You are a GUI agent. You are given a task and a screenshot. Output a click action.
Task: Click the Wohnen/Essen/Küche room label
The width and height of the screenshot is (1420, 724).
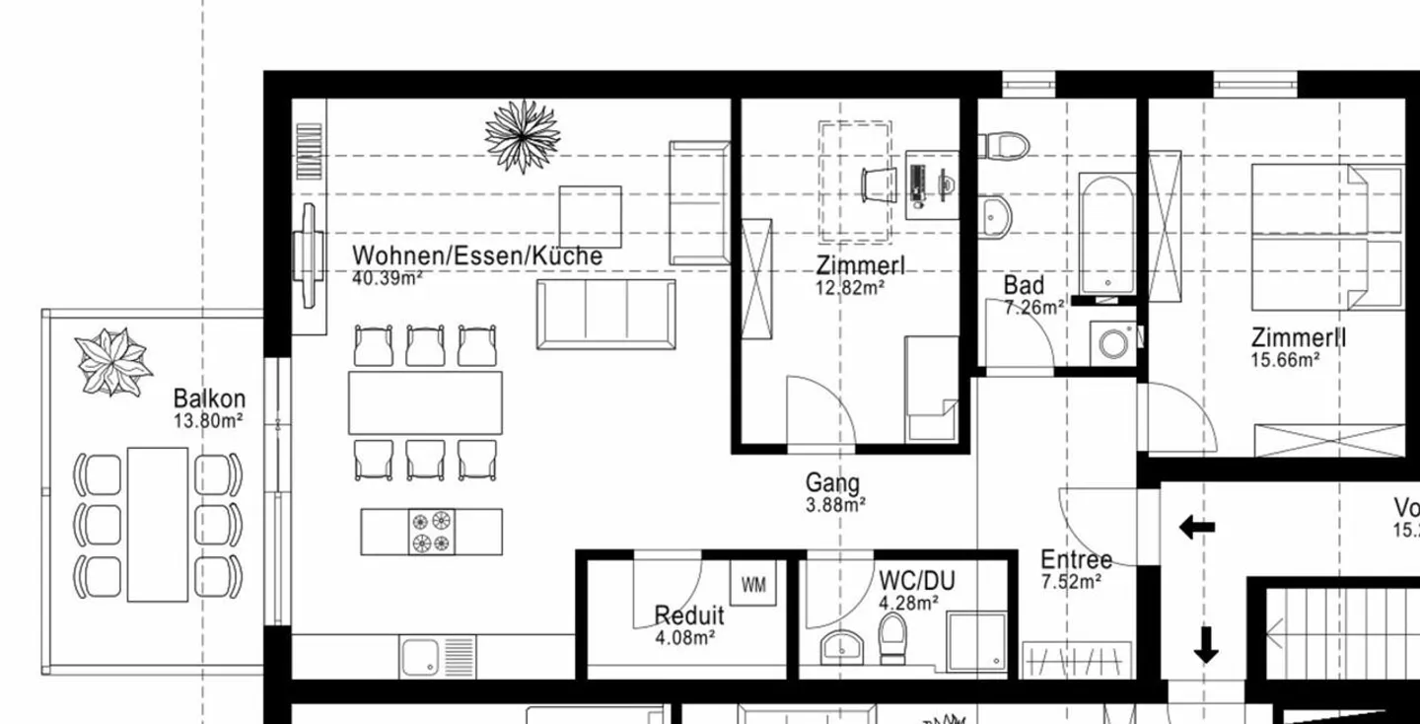click(x=477, y=256)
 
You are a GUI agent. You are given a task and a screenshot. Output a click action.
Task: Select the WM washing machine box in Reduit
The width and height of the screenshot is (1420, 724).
click(x=753, y=585)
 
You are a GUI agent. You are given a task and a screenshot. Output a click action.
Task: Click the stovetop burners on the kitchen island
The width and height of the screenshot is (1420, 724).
click(x=432, y=532)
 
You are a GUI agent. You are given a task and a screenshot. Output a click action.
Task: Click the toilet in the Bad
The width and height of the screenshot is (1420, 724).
click(x=1005, y=144)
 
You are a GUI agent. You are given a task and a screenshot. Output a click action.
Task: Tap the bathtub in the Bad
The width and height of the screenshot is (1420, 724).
click(x=1105, y=234)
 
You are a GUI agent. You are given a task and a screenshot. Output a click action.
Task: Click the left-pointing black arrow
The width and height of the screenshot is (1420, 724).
click(x=1196, y=528)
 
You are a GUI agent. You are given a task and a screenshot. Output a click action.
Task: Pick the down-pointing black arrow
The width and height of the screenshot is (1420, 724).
click(x=1205, y=645)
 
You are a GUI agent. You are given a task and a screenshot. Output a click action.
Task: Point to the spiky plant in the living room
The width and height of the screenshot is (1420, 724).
click(x=523, y=135)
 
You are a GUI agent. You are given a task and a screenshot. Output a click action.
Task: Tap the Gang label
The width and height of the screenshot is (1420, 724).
click(x=832, y=483)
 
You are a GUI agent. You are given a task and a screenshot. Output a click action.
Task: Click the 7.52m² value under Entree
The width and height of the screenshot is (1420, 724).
click(x=1071, y=582)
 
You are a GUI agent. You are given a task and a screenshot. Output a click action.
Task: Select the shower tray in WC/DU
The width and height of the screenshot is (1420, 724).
click(x=976, y=642)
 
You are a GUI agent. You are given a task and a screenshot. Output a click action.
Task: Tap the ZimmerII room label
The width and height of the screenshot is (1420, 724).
click(x=1299, y=337)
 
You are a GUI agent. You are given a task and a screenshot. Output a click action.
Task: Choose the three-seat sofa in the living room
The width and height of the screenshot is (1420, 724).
click(x=606, y=314)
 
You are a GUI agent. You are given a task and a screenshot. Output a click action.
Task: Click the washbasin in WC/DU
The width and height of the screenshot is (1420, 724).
click(x=841, y=647)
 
